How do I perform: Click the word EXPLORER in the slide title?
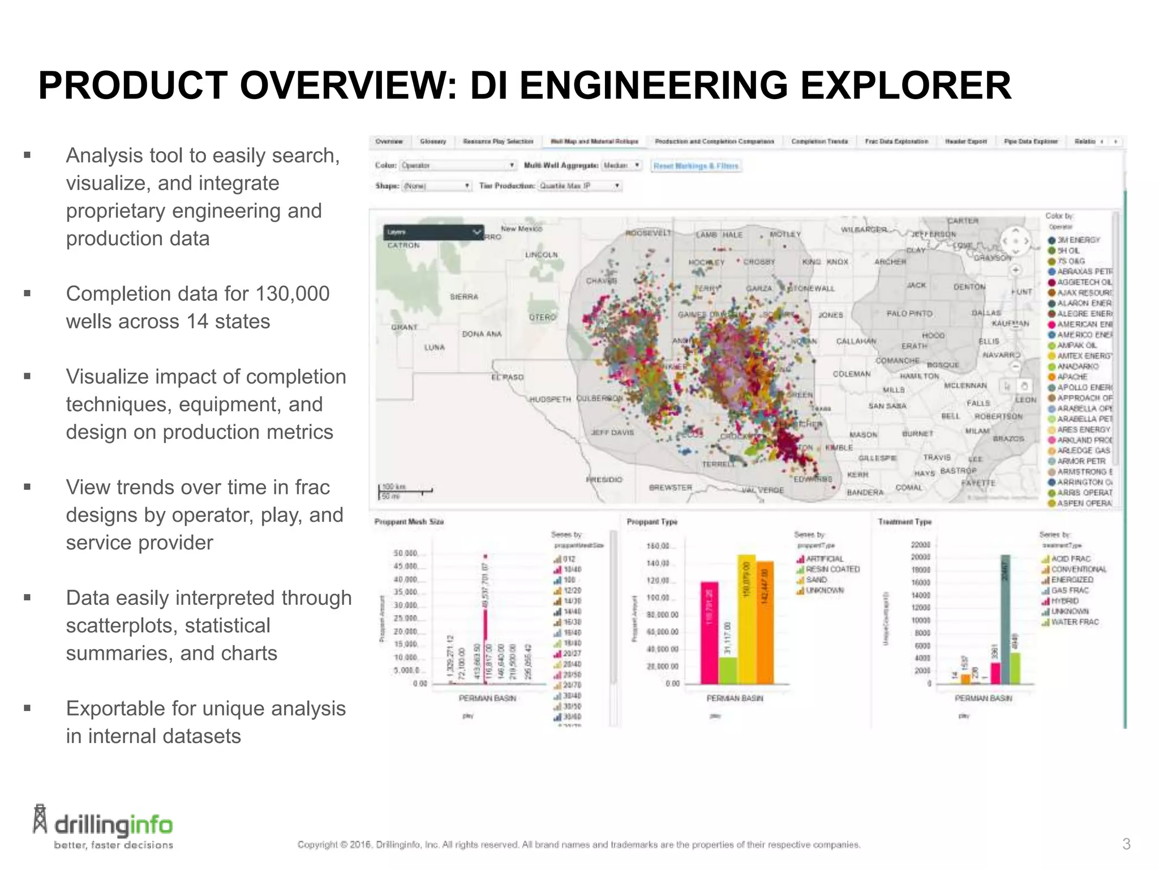click(906, 86)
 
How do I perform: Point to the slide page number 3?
click(1126, 844)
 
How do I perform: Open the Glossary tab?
click(433, 142)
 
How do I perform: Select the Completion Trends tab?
click(819, 142)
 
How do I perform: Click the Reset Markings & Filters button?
click(696, 166)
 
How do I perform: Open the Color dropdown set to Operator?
click(458, 165)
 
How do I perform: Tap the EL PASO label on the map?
click(508, 377)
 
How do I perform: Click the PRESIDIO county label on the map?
click(604, 480)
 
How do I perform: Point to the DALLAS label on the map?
click(986, 313)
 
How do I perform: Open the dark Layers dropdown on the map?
click(433, 232)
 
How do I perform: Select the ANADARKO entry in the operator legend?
click(1077, 366)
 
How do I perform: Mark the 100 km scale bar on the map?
click(405, 490)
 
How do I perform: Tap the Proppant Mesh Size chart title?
click(409, 522)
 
